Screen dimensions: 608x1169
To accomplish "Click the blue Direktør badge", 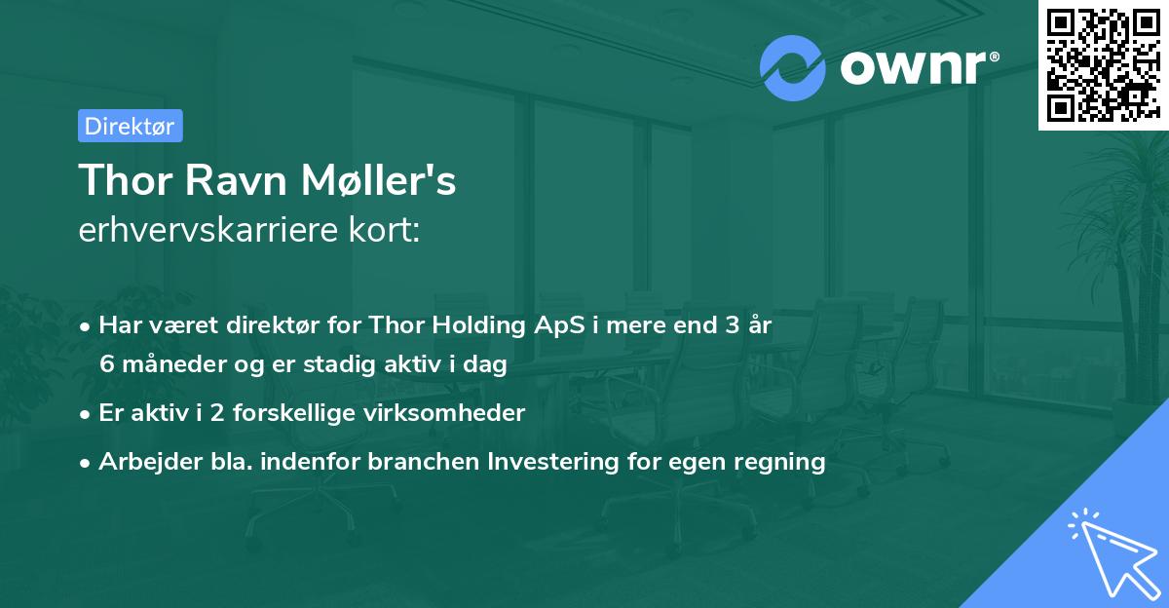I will (130, 126).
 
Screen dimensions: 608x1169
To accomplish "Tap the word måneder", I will (173, 365).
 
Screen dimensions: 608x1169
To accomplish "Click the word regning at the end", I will (785, 461).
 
